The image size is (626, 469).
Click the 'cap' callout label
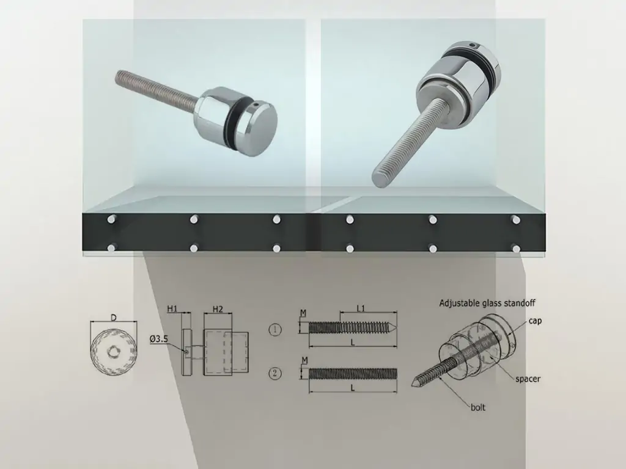(535, 321)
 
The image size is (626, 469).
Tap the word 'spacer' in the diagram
(528, 379)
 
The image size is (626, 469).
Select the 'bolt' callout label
(478, 407)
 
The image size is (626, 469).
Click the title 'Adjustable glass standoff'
(487, 303)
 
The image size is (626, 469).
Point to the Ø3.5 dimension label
(159, 339)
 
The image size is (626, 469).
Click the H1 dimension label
(172, 308)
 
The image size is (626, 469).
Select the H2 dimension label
(218, 308)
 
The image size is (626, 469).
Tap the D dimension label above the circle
(114, 318)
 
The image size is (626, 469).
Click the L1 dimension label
(361, 308)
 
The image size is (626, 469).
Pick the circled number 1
(274, 330)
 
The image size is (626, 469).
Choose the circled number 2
(274, 374)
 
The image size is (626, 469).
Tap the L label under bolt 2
(353, 387)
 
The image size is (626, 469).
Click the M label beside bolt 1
(303, 313)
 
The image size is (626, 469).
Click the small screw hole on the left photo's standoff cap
(256, 106)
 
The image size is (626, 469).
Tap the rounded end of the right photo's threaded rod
(378, 180)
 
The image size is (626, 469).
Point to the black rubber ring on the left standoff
(234, 115)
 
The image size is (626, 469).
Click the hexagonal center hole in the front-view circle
(113, 350)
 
